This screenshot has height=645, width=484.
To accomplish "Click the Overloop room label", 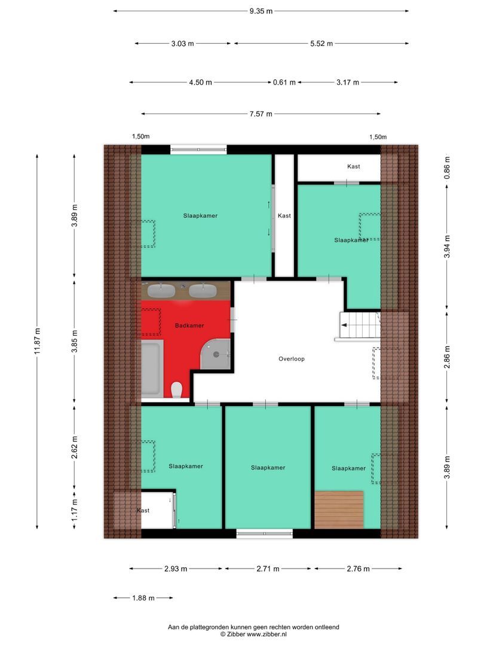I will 291,359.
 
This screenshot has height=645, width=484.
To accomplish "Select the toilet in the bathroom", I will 176,390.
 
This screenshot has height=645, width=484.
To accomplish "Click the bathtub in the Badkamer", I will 151,368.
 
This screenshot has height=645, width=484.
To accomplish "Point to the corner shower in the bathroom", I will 216,354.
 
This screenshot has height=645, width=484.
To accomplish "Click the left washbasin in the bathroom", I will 161,291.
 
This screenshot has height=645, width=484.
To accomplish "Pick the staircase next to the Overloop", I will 359,326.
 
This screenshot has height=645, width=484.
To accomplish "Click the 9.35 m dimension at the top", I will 261,11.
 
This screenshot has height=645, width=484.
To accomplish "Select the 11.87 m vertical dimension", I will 38,342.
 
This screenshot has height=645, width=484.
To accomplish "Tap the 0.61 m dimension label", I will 284,82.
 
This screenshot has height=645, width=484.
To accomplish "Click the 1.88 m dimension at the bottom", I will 143,598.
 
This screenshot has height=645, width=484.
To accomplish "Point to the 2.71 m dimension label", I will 268,569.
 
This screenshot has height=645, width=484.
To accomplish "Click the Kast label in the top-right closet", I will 353,167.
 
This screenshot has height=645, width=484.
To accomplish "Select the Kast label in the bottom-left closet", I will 143,511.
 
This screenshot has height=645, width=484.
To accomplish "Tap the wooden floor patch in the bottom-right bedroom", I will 339,509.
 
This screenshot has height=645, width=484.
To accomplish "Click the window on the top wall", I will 198,149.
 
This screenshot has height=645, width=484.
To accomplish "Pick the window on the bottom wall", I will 265,533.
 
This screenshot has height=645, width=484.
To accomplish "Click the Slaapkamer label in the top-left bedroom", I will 200,216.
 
